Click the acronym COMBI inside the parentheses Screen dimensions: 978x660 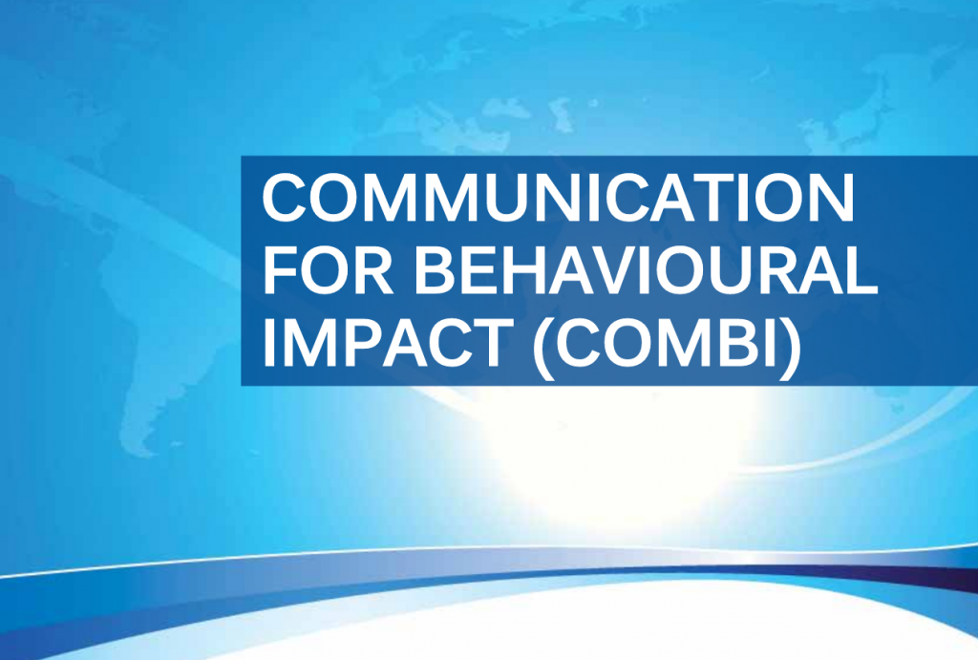pos(667,342)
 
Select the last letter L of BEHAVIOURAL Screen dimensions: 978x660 pos(861,269)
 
